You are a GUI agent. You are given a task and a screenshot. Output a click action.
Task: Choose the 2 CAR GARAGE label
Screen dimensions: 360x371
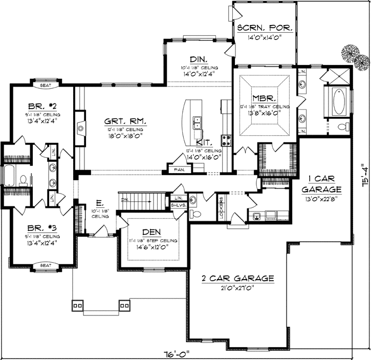[237, 279]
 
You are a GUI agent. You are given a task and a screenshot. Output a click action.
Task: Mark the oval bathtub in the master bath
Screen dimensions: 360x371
[338, 102]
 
